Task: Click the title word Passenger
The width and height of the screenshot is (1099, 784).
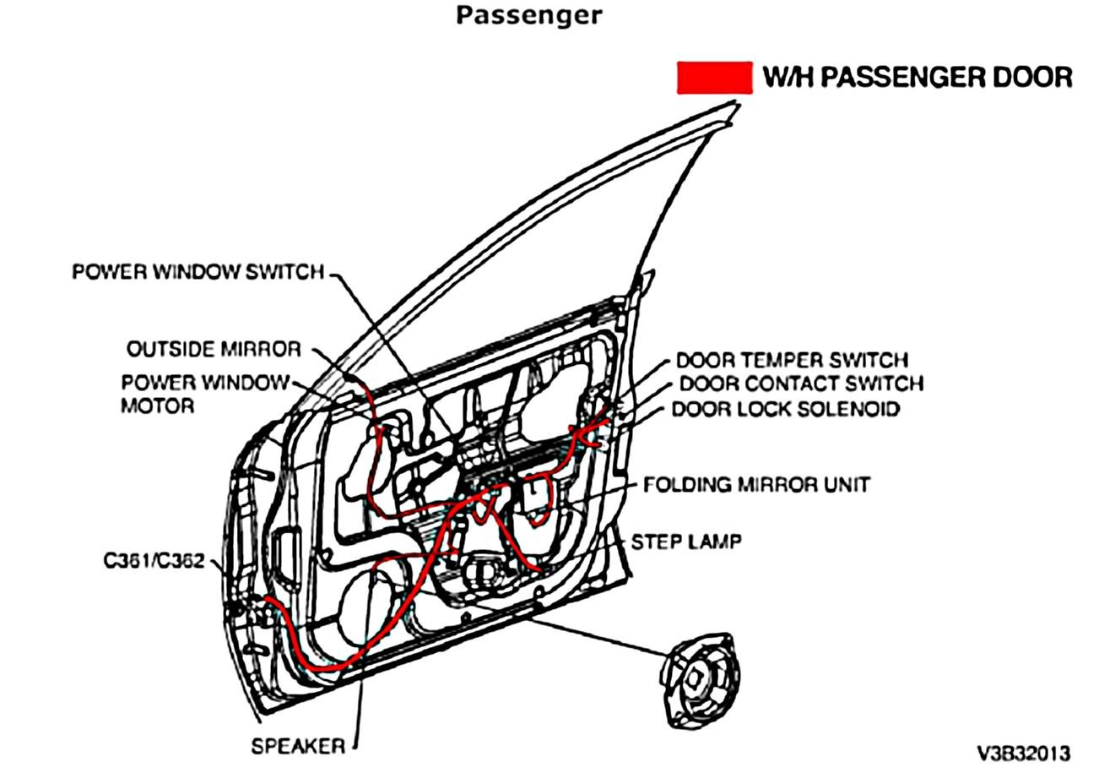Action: (528, 16)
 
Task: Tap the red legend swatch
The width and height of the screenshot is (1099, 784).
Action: (714, 78)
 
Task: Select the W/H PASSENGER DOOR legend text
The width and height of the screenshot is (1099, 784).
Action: (918, 78)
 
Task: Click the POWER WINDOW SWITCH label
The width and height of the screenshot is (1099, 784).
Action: (198, 271)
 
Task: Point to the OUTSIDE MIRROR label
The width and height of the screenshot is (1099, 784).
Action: (214, 349)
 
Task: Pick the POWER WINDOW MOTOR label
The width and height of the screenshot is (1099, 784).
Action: (206, 395)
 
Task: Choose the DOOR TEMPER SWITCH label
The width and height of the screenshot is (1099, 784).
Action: (792, 360)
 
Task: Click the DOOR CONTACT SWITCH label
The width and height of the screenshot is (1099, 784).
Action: (801, 384)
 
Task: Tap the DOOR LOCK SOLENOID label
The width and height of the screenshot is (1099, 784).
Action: (786, 409)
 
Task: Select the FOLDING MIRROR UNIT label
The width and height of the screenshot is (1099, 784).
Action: (756, 485)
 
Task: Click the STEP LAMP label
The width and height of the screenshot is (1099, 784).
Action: (686, 542)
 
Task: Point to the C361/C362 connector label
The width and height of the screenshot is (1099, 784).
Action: (154, 561)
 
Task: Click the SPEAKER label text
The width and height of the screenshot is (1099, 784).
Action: (298, 747)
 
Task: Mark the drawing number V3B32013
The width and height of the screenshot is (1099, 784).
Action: (1023, 754)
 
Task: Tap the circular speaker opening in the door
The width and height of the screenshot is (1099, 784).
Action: (369, 609)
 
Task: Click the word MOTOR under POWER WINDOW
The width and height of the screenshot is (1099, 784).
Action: (158, 406)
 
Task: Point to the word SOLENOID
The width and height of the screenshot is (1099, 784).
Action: (850, 409)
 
